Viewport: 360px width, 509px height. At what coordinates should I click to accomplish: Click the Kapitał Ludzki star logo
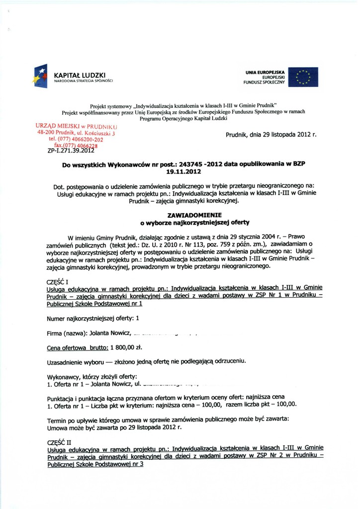[40, 76]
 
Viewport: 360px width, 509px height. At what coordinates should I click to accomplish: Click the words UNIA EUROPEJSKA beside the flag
[265, 72]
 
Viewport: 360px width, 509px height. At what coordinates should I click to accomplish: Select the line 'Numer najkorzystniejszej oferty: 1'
[92, 318]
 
